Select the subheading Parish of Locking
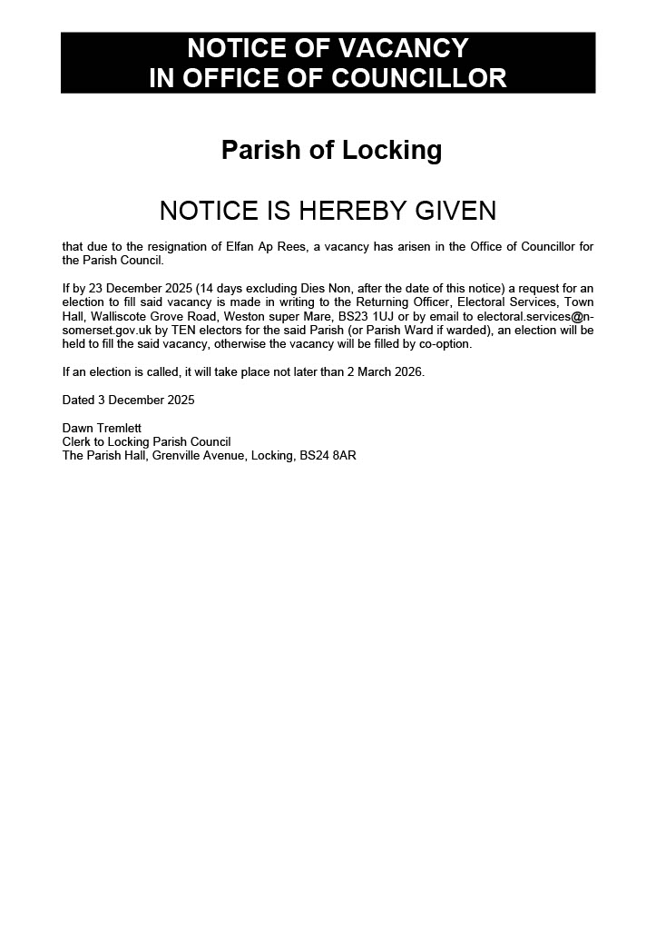[x=331, y=150]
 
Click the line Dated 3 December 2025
[x=128, y=400]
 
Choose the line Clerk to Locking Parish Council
[x=146, y=441]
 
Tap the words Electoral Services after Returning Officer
[x=510, y=302]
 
